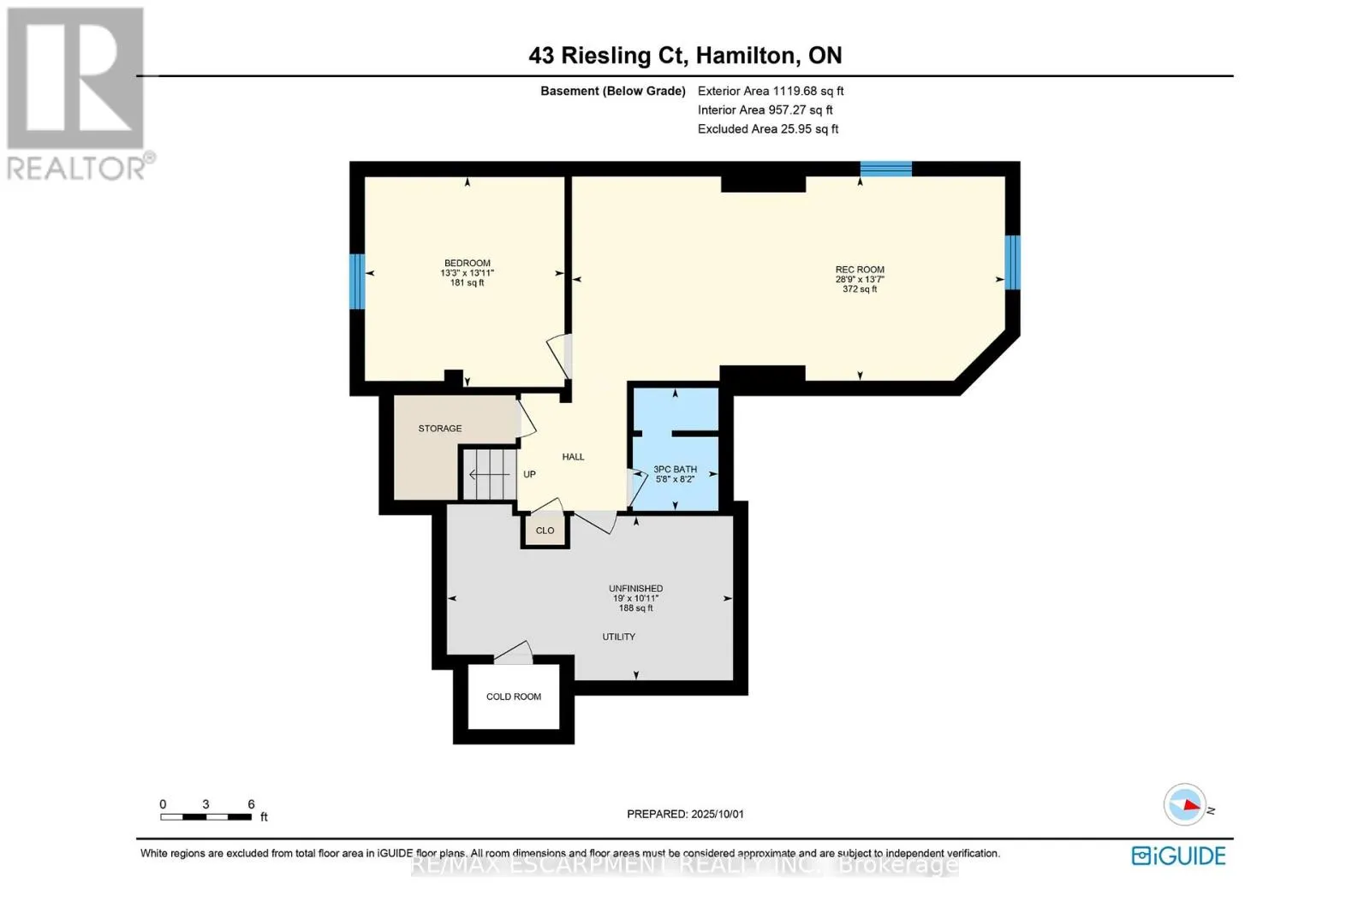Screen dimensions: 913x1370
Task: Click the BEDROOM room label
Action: tap(467, 264)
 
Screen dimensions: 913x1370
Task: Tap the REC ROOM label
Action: tap(860, 270)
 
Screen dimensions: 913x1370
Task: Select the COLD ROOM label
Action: tap(514, 697)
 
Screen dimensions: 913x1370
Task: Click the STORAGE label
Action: tap(440, 429)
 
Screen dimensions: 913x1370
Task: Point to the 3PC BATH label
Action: tap(675, 469)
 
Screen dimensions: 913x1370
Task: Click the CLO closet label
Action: tap(545, 531)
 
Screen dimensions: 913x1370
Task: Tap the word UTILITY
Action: tap(618, 637)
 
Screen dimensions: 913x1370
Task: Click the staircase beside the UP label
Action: tap(489, 474)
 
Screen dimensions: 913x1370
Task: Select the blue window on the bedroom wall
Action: tap(357, 281)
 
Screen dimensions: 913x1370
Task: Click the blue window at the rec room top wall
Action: tap(885, 169)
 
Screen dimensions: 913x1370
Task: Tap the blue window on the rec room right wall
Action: tap(1012, 263)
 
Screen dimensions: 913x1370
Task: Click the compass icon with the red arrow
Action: tap(1185, 804)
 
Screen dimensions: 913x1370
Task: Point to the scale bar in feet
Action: tap(205, 817)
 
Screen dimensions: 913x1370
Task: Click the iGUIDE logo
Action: tap(1178, 856)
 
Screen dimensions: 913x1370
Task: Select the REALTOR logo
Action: tap(77, 94)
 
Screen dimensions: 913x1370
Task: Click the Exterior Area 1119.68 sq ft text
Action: tap(771, 91)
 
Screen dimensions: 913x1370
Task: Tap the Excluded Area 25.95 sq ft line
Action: tap(768, 129)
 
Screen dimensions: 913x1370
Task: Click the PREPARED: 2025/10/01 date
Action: tap(685, 814)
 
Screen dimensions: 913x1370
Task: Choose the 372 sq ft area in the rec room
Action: tap(860, 289)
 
